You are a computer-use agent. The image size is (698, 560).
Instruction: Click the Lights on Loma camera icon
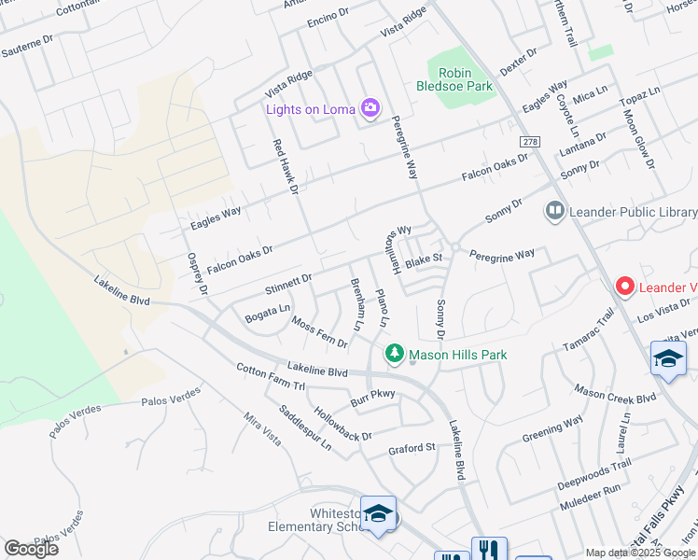[x=370, y=109]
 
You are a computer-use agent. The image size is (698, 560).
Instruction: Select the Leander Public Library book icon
[x=556, y=213]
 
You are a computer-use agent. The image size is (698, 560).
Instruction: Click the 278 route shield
[x=531, y=142]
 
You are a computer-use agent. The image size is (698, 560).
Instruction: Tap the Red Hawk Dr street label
[x=284, y=167]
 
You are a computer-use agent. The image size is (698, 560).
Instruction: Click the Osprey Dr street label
[x=197, y=274]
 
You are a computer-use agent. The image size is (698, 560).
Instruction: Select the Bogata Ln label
[x=268, y=309]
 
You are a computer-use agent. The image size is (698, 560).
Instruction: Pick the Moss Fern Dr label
[x=319, y=332]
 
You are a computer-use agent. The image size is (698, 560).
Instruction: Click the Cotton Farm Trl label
[x=271, y=377]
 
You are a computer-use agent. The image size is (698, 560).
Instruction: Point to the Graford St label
[x=412, y=449]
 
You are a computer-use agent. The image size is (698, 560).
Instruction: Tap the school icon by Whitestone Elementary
[x=378, y=514]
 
